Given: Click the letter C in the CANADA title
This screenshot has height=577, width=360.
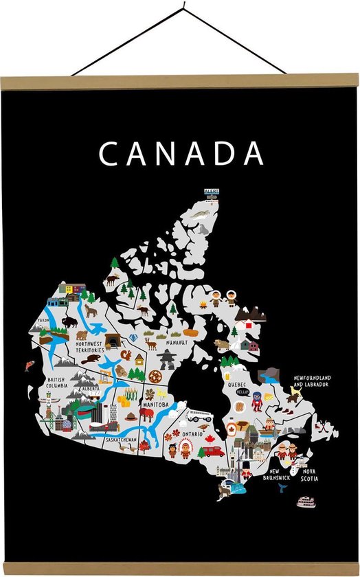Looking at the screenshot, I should click(x=109, y=154).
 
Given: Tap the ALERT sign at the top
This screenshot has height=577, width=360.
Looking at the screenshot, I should click(x=211, y=192).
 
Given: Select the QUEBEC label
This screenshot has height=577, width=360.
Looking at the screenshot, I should click(x=237, y=385).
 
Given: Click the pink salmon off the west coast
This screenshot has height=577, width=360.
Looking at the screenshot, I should click(x=30, y=365).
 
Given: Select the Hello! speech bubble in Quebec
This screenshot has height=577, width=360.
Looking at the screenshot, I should click(x=241, y=392).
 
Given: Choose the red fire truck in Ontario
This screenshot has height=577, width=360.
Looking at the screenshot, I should click(x=214, y=451).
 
